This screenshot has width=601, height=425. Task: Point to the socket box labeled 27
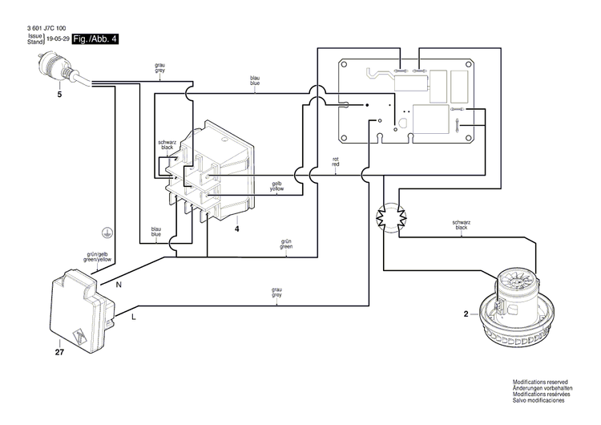pyautogui.click(x=80, y=308)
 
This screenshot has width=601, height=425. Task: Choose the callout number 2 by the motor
pyautogui.click(x=465, y=314)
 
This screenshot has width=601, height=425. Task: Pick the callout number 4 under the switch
pyautogui.click(x=237, y=229)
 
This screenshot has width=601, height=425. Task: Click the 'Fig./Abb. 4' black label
pyautogui.click(x=95, y=38)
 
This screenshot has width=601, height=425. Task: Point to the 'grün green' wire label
pyautogui.click(x=286, y=244)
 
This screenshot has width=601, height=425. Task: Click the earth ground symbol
pyautogui.click(x=104, y=230)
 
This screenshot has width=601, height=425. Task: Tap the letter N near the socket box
pyautogui.click(x=118, y=285)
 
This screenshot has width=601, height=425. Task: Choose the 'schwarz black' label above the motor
pyautogui.click(x=461, y=225)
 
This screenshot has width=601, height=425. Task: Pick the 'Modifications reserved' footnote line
pyautogui.click(x=542, y=384)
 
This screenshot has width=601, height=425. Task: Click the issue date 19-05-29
pyautogui.click(x=57, y=38)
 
